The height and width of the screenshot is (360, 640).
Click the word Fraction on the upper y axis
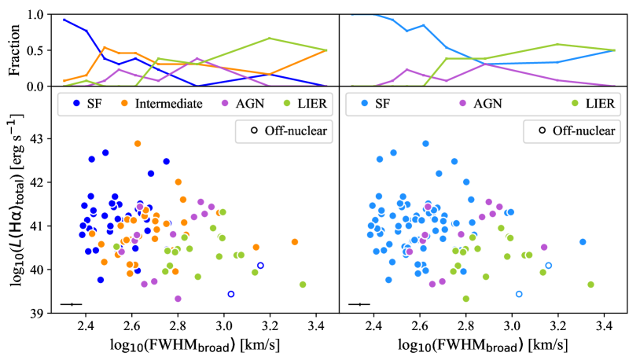13,50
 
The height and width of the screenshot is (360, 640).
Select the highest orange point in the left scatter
138,144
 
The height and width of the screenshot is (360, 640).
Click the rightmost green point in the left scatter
303,285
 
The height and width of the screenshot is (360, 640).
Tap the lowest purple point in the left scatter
178,299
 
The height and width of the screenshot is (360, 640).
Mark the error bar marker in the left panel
72,304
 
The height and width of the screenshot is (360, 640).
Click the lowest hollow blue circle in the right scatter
519,294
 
